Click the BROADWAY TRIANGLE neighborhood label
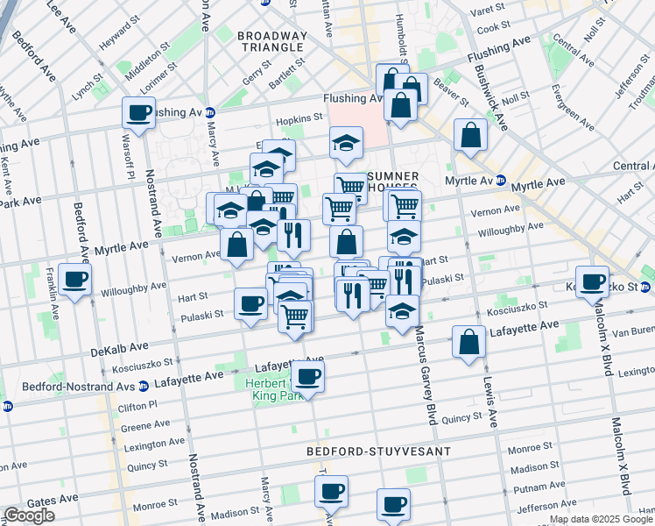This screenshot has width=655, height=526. click(x=272, y=43)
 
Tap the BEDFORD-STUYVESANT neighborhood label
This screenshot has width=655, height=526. click(x=378, y=451)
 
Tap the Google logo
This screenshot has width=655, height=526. click(x=29, y=515)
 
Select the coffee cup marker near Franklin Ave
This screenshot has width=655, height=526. click(x=76, y=281)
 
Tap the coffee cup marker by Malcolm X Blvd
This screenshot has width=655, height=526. click(x=593, y=282)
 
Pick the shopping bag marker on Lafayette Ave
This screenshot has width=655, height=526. click(x=468, y=342)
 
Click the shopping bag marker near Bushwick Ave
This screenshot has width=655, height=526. click(x=470, y=135)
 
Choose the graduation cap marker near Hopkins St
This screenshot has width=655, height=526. click(x=347, y=142)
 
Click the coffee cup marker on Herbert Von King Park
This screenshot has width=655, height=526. click(x=306, y=377)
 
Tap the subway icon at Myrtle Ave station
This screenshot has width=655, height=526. click(x=500, y=181)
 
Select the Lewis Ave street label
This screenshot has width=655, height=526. click(x=487, y=394)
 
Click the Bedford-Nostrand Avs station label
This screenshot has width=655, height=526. click(x=77, y=384)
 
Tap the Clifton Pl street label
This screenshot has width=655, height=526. click(x=139, y=404)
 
